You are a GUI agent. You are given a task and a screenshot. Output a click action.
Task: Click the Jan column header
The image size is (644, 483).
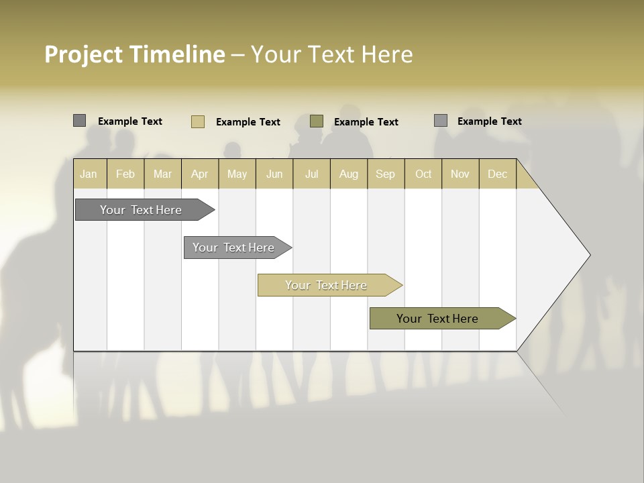[x=89, y=174]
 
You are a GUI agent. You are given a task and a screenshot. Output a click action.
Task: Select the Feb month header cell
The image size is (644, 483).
[x=125, y=174]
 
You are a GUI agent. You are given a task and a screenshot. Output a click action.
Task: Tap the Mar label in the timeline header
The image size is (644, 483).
[x=162, y=174]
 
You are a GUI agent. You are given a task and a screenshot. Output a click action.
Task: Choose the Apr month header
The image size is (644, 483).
[x=200, y=174]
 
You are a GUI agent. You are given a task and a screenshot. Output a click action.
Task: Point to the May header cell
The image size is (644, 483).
[x=237, y=174]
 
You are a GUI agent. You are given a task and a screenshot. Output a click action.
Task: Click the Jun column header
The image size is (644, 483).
[x=274, y=174]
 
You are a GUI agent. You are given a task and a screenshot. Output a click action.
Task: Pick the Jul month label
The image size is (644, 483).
[x=311, y=174]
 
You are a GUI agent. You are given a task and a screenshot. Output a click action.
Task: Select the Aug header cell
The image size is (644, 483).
[x=349, y=174]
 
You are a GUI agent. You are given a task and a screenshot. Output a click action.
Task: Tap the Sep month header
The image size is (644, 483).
[x=386, y=174]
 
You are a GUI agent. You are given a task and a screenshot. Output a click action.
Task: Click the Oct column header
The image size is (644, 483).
[x=423, y=174]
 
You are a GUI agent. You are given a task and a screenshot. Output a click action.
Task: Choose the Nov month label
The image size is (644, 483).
[x=460, y=174]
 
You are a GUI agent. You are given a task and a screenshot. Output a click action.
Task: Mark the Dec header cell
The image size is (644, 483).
[x=498, y=174]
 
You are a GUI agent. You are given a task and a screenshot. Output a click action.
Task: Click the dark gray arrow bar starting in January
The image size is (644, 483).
[x=142, y=210]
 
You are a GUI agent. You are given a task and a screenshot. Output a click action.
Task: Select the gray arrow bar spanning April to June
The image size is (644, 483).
[x=234, y=248]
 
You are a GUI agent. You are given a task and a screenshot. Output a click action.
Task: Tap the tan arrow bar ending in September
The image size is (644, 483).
[x=327, y=285]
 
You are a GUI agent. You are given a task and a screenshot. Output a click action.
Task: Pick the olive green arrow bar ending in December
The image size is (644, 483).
[x=438, y=319]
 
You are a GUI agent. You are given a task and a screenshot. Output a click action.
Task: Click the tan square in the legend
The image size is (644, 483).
[x=198, y=121]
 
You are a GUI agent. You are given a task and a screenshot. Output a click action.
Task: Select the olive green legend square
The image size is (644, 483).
[x=317, y=121]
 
